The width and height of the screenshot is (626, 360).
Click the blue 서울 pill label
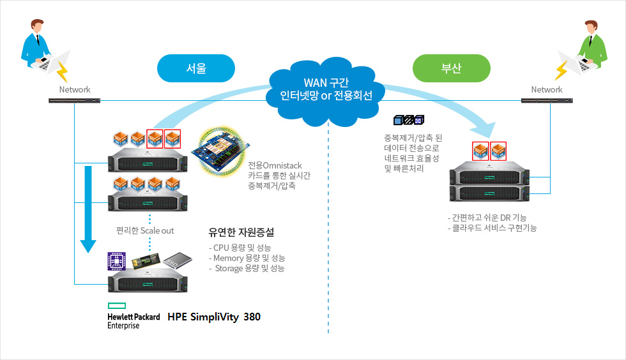click(x=196, y=68)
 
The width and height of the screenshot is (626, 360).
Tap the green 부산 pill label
click(x=452, y=68)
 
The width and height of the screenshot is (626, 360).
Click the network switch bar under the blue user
click(x=75, y=101)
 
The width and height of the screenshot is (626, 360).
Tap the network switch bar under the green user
click(x=547, y=101)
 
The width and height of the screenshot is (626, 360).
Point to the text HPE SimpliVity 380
click(x=214, y=317)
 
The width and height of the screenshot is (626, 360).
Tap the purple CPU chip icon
click(x=117, y=260)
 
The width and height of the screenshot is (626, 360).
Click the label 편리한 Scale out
click(x=145, y=230)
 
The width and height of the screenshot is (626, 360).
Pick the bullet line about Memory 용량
click(x=247, y=258)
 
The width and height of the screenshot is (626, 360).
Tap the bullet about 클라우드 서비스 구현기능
click(x=492, y=228)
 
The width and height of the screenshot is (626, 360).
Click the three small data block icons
click(x=409, y=120)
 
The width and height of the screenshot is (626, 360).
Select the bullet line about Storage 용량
click(x=248, y=269)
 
